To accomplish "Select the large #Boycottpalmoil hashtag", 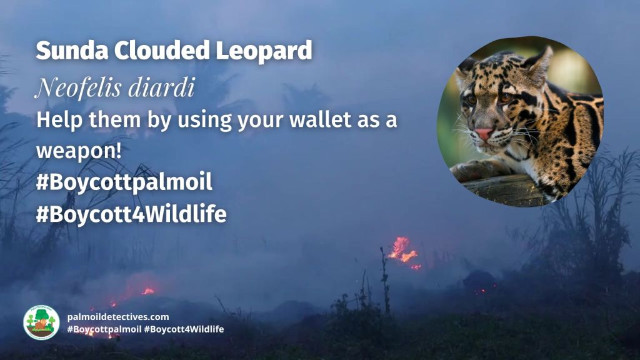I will [x=124, y=182].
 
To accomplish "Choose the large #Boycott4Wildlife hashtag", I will [x=131, y=214].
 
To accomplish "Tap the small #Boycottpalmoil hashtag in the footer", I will [x=103, y=329].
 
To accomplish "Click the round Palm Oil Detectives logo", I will [x=41, y=322].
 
